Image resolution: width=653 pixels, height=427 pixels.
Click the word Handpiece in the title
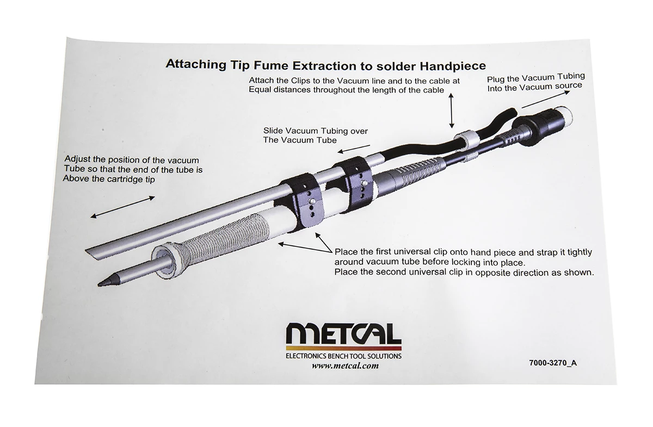coord(455,66)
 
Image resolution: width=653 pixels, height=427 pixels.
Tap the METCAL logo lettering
coord(343,334)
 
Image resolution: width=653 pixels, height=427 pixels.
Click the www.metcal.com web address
coord(345,366)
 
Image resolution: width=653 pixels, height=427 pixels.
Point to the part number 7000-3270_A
coord(552,363)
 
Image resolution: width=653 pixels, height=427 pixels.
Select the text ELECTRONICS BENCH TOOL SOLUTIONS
coord(343,356)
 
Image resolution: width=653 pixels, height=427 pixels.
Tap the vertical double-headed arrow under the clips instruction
coord(452,110)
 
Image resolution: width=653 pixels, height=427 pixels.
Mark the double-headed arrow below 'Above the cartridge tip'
coord(122,207)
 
